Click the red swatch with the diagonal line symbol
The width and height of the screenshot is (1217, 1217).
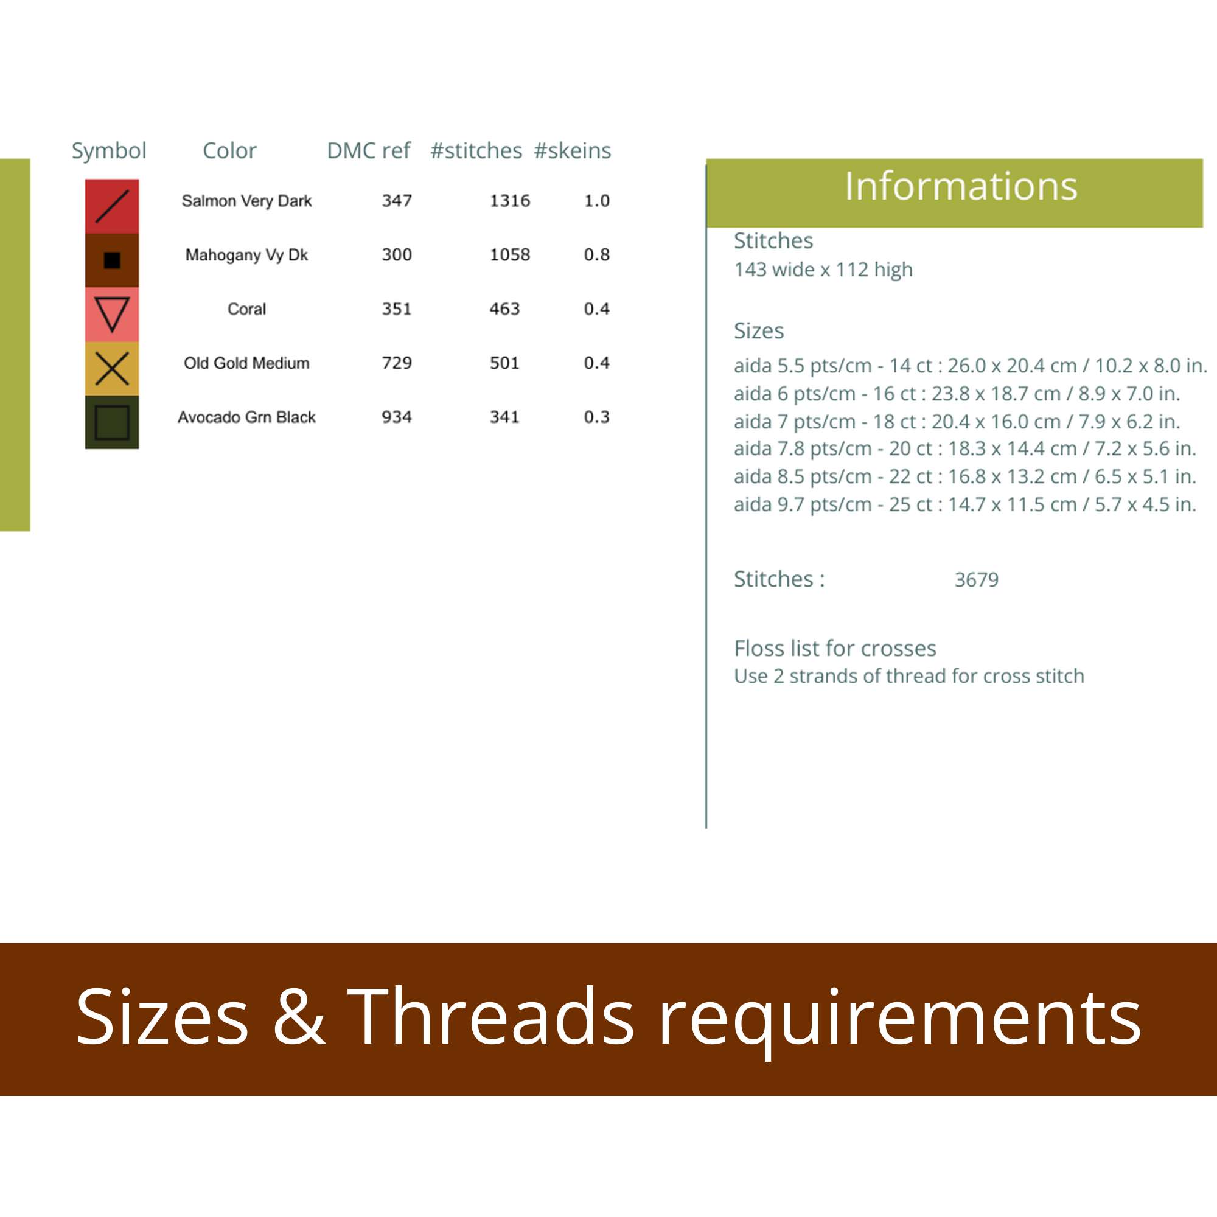(x=111, y=206)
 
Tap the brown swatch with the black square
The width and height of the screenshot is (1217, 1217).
(x=111, y=260)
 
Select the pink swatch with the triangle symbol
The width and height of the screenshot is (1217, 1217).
(x=111, y=315)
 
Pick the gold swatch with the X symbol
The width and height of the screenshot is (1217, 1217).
(x=111, y=369)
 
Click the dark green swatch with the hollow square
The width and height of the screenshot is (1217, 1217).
(x=111, y=422)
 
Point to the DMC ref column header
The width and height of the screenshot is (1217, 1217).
(x=369, y=150)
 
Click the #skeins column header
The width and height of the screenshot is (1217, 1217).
(x=572, y=150)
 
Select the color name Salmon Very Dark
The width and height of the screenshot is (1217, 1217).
(x=246, y=201)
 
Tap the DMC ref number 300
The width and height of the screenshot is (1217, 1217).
(x=396, y=254)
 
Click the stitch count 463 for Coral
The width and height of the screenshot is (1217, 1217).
(x=504, y=309)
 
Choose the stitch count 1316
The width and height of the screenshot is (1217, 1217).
(x=509, y=201)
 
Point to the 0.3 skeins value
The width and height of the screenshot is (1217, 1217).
(x=596, y=417)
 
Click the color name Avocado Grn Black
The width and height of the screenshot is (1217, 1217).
(x=246, y=417)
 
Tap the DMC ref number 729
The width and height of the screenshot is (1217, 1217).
(x=396, y=363)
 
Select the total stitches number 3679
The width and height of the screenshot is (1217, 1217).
(x=977, y=579)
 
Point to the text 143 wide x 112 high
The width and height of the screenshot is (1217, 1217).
(x=823, y=270)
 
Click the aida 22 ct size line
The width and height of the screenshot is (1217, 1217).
(x=965, y=476)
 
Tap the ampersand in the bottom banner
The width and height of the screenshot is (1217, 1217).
(x=299, y=1017)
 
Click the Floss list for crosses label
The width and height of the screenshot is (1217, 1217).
(x=835, y=648)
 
